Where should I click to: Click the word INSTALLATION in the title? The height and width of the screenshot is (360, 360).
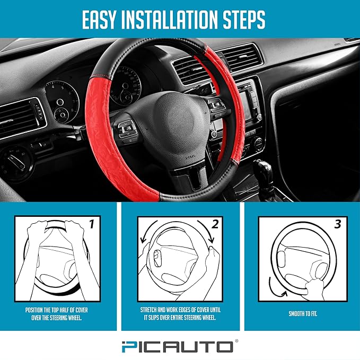(170, 20)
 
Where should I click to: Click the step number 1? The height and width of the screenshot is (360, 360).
(92, 224)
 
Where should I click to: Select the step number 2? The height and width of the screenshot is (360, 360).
(215, 224)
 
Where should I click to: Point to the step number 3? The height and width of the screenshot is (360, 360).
(338, 224)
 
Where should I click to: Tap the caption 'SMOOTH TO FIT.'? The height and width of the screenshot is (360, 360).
(303, 314)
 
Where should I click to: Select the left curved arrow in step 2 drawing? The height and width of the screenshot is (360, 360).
(147, 231)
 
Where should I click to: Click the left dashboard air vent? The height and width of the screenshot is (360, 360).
(20, 118)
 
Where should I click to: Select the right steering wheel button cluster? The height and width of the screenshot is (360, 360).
(217, 106)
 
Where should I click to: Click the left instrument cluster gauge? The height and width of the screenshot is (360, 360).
(63, 101)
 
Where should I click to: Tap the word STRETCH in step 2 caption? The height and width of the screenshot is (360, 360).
(148, 310)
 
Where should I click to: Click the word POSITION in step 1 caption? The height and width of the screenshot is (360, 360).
(34, 310)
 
